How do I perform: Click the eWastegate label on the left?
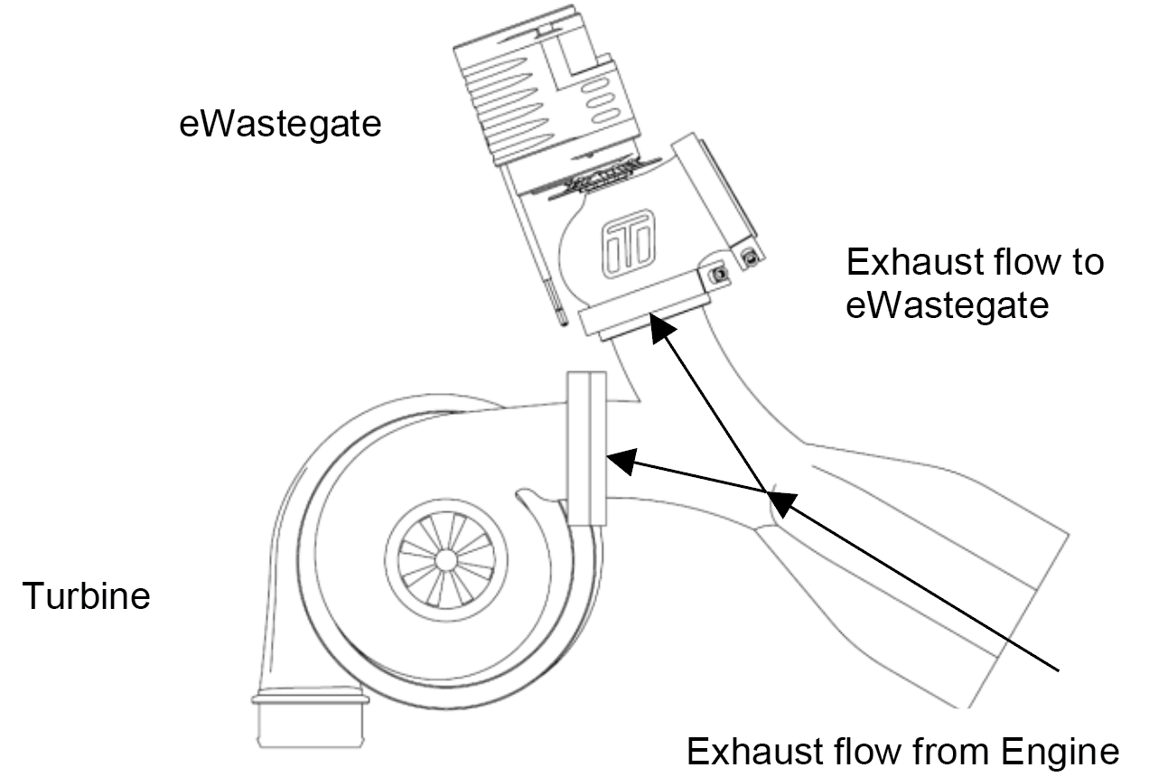[x=280, y=125]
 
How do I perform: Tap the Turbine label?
[x=86, y=595]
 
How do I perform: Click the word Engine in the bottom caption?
[x=1060, y=754]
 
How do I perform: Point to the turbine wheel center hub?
[x=445, y=560]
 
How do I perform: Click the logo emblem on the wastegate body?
[x=628, y=244]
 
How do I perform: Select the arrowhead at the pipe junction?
[x=781, y=504]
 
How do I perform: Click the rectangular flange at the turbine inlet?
[x=586, y=448]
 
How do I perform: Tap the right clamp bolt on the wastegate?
[x=750, y=256]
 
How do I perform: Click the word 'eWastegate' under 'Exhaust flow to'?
[x=947, y=306]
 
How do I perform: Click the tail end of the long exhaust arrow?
[x=1059, y=670]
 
